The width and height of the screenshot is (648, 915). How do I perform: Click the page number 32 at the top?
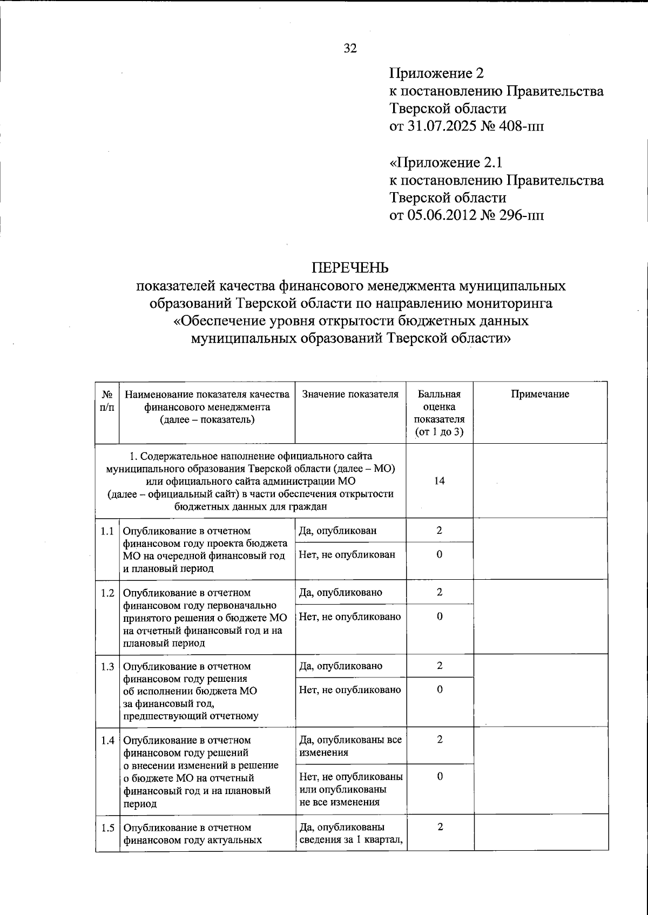[350, 49]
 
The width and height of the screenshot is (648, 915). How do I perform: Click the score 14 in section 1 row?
[440, 481]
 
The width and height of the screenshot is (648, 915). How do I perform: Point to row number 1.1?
[107, 531]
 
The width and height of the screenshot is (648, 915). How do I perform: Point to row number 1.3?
[107, 666]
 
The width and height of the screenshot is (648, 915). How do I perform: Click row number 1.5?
[107, 828]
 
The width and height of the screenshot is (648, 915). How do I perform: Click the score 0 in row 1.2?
[440, 616]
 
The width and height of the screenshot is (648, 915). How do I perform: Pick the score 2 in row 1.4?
[440, 740]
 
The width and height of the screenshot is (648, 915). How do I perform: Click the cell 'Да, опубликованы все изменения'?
[350, 746]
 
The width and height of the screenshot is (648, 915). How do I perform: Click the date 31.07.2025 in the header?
[443, 127]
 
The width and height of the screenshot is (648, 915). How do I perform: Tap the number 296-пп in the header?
[526, 215]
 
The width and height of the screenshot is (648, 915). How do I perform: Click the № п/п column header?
[107, 401]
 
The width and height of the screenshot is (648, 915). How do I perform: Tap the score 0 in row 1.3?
[440, 689]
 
